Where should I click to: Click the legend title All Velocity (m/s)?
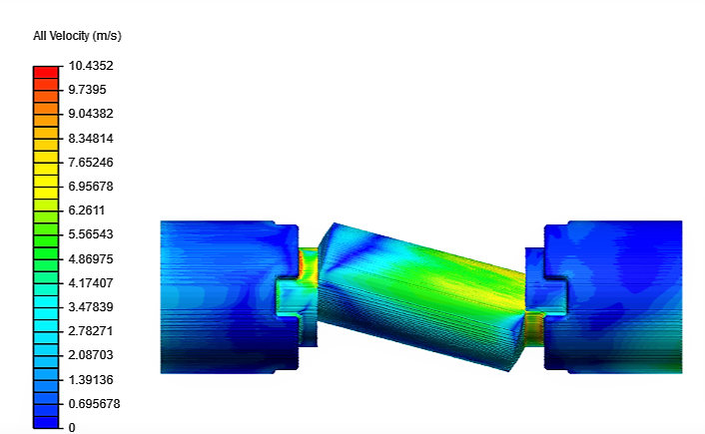coord(77,36)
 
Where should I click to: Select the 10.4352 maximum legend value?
coord(90,66)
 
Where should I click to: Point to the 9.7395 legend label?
coord(88,90)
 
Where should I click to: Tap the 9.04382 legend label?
coord(90,114)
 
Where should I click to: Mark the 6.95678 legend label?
coord(90,187)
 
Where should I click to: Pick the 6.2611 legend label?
coord(87,211)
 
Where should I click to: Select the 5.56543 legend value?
coord(90,234)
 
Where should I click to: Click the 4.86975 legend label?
coord(90,258)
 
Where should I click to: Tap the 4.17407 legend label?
coord(90,282)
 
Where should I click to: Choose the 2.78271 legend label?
coord(90,330)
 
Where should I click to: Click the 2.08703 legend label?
coord(90,355)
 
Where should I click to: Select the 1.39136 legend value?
coord(90,379)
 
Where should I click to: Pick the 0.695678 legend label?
coord(93,403)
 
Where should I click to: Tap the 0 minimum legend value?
coord(71,427)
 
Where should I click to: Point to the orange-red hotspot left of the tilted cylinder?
coord(307,264)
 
